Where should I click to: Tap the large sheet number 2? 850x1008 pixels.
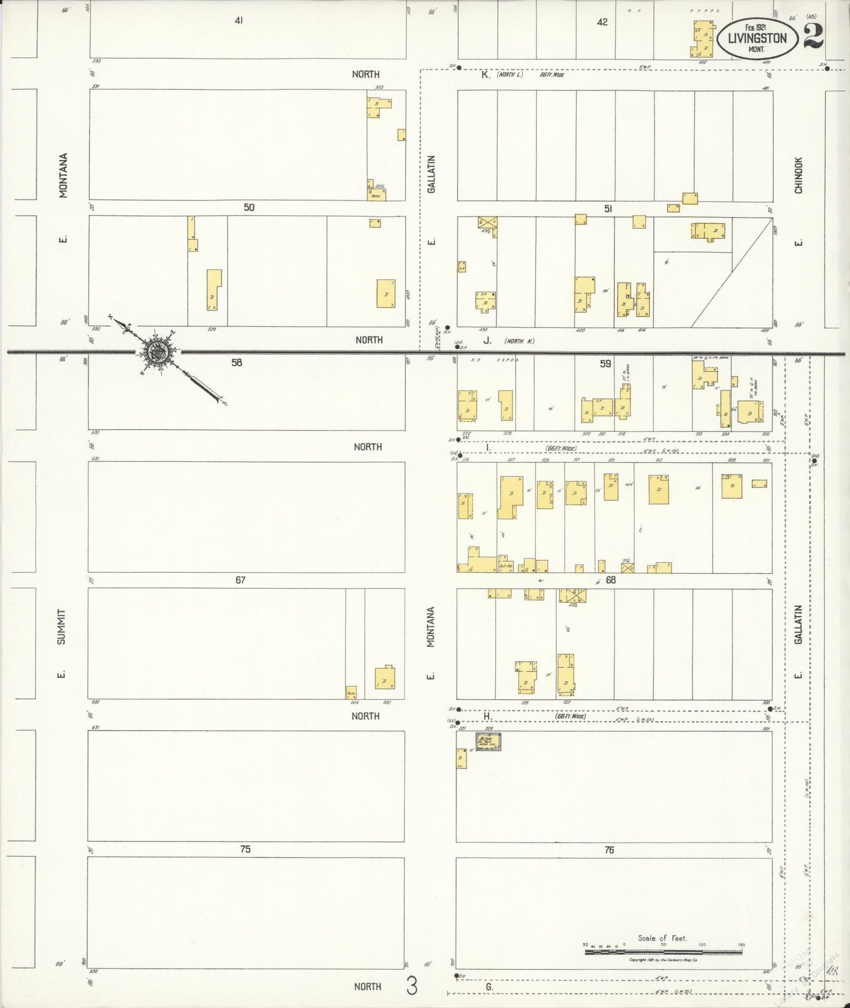813,36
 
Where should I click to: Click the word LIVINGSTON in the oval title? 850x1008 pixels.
757,38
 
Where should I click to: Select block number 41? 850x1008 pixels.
239,21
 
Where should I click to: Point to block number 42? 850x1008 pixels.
602,22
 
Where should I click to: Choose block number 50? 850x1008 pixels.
249,208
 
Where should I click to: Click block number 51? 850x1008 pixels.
608,209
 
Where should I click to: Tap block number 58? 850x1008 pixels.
236,363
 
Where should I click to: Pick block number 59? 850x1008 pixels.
605,364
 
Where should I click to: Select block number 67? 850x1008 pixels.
240,580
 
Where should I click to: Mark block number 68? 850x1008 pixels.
611,580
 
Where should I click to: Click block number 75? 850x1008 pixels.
245,849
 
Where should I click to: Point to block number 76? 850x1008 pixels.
609,850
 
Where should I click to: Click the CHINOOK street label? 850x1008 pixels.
798,175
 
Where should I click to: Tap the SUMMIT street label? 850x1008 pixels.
62,626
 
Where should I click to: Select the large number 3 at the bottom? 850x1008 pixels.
412,986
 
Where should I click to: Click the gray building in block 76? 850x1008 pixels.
488,741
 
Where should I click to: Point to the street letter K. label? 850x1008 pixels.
485,75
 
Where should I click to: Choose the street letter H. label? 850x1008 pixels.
487,716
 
